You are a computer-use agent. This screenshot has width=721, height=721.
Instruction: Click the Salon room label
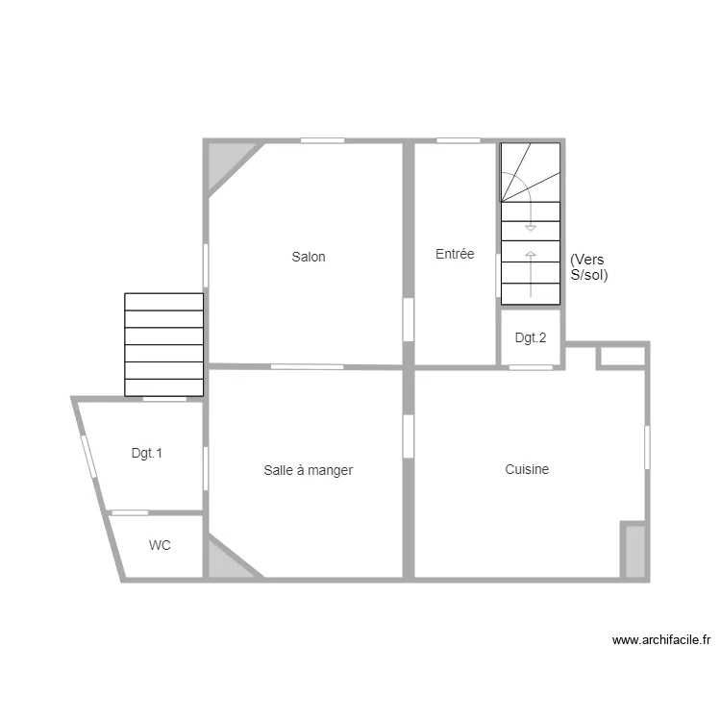(x=309, y=257)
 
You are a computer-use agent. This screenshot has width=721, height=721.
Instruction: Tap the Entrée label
(x=455, y=255)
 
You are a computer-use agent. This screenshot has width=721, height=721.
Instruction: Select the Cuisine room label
(x=527, y=469)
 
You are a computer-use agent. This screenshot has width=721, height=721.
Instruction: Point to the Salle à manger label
(x=309, y=470)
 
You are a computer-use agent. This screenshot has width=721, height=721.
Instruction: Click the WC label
(x=160, y=545)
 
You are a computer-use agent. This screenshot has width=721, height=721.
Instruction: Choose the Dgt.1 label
(x=146, y=453)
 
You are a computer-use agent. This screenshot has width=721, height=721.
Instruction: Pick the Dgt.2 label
(x=530, y=337)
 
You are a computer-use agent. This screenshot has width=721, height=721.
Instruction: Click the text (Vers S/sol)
(x=588, y=267)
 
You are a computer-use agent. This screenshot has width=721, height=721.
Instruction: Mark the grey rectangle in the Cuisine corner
(x=634, y=551)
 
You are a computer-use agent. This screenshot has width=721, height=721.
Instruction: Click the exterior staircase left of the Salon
(x=164, y=344)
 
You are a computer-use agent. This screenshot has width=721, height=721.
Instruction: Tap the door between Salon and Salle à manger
(x=307, y=366)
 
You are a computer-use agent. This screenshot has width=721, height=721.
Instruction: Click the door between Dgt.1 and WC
(x=130, y=512)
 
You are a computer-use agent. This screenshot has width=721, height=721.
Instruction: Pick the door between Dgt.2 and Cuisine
(x=530, y=367)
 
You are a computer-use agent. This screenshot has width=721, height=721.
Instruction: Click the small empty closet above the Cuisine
(x=621, y=357)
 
